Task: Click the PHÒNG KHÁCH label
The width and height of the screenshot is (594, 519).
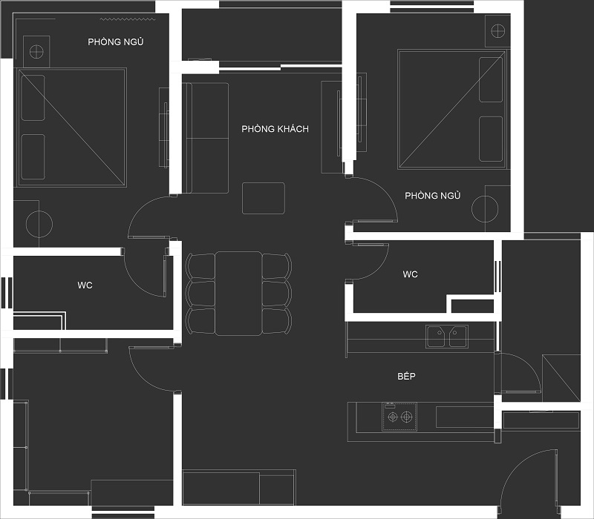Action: [x=275, y=128]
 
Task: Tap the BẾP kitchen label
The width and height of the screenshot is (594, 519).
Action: [x=406, y=376]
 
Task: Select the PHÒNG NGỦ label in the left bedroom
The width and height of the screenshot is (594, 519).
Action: [x=116, y=42]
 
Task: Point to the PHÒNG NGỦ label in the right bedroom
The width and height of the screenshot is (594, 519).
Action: [x=433, y=195]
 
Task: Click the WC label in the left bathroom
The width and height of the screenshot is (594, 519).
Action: [x=85, y=285]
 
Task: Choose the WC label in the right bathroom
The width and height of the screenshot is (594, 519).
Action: [x=411, y=274]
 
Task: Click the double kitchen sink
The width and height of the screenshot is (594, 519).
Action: [x=447, y=337]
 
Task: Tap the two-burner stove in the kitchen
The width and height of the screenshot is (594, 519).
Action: [x=399, y=417]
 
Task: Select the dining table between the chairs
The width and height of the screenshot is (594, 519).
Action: [x=238, y=294]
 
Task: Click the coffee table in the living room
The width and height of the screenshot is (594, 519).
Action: [x=264, y=198]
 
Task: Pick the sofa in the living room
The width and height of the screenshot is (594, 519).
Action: [x=206, y=138]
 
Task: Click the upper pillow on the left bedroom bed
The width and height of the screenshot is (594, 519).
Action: [x=33, y=98]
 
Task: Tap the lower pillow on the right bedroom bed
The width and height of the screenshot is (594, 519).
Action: [x=491, y=139]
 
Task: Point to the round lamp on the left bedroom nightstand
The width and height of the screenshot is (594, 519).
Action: [x=36, y=51]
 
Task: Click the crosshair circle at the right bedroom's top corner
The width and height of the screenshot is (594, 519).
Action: [x=497, y=30]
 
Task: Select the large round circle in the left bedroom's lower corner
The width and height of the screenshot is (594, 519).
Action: [x=39, y=224]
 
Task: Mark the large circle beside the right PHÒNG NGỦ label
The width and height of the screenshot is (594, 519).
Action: [x=485, y=209]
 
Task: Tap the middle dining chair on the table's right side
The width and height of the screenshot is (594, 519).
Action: [x=277, y=293]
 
